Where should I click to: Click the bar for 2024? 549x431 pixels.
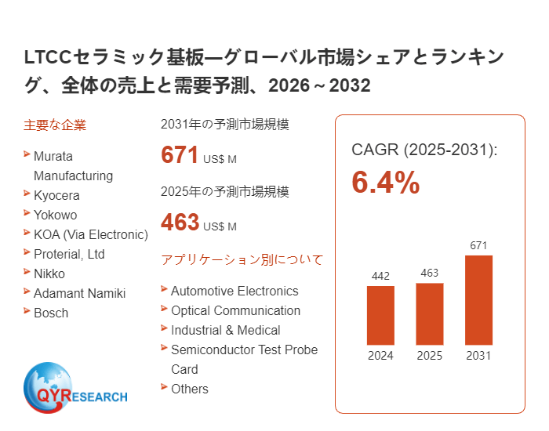(x=380, y=315)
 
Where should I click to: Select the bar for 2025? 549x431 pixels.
(x=429, y=313)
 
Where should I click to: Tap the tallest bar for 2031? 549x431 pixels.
(x=478, y=299)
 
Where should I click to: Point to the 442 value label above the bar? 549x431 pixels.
(x=380, y=276)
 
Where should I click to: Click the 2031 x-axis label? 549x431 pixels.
(x=478, y=356)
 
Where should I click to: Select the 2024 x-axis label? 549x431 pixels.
(x=380, y=356)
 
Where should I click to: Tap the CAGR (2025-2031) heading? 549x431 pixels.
(x=424, y=150)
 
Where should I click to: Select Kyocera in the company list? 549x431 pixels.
(x=56, y=195)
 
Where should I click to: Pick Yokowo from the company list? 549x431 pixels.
(x=55, y=215)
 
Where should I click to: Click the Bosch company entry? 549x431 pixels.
(x=51, y=313)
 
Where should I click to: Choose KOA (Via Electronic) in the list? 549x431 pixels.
(x=90, y=234)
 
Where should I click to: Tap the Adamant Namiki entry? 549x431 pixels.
(x=79, y=293)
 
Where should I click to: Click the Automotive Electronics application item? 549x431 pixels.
(x=235, y=291)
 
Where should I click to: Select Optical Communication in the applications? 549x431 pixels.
(x=235, y=310)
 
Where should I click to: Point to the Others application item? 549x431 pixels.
(x=190, y=389)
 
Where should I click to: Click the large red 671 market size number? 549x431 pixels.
(x=180, y=155)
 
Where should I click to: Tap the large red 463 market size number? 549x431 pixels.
(x=180, y=223)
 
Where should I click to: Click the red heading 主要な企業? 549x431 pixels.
(x=55, y=125)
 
